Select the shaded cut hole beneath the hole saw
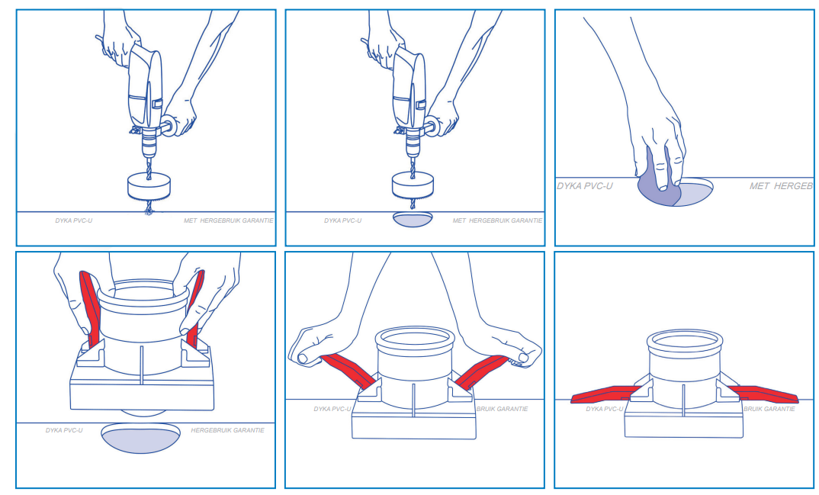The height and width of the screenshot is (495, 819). click(413, 220)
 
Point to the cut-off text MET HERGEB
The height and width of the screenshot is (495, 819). click(781, 186)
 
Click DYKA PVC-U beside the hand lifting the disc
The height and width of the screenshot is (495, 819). click(584, 186)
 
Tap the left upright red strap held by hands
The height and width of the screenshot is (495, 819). click(90, 308)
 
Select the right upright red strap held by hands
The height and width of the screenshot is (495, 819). click(194, 308)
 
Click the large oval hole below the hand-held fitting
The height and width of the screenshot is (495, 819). click(140, 438)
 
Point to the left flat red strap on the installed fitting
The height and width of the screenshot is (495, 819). click(606, 394)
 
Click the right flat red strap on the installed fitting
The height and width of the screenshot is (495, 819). click(763, 394)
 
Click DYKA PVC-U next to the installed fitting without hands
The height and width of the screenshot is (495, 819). click(604, 409)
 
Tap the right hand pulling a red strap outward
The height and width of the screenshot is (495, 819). click(515, 347)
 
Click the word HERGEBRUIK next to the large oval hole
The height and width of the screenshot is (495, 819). click(210, 430)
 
